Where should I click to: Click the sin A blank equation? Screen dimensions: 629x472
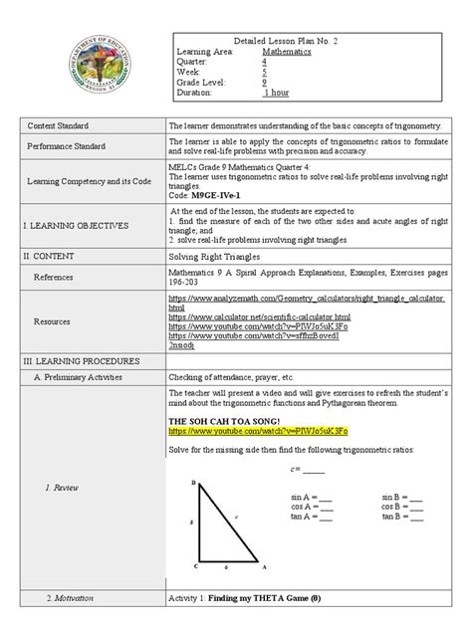click(315, 496)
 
